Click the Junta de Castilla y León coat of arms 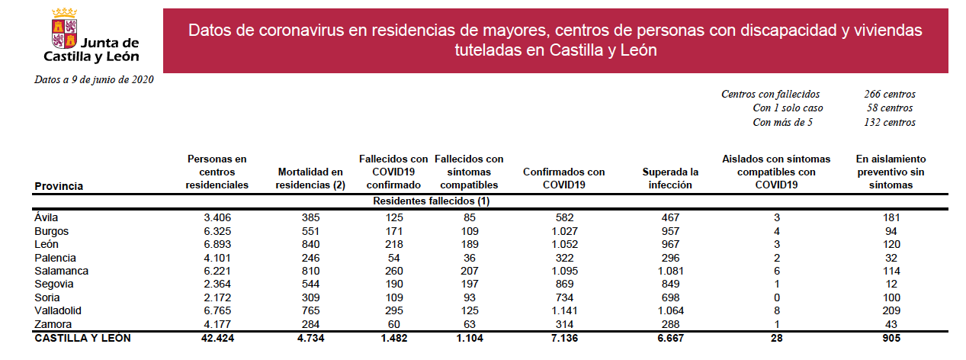(64, 27)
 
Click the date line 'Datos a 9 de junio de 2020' (94, 80)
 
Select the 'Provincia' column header (59, 186)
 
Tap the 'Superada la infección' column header (670, 178)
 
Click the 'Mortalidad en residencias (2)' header (310, 178)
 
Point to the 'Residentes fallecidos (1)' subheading (432, 201)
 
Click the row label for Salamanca (61, 271)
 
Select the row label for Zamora (53, 324)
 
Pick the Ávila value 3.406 (217, 217)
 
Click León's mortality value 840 (310, 244)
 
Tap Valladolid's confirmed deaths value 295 (394, 310)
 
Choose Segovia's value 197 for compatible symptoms (469, 284)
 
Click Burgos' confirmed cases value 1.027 (564, 231)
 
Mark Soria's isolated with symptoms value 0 (777, 298)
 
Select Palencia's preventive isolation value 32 (891, 258)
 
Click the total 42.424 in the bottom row (217, 338)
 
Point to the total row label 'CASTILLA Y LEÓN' (82, 338)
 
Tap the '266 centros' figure (890, 94)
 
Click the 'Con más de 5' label (783, 123)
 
